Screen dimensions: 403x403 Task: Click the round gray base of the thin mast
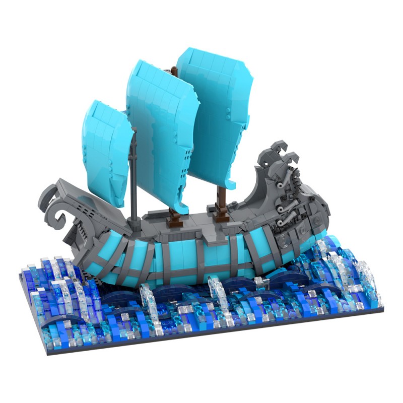(135, 220)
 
